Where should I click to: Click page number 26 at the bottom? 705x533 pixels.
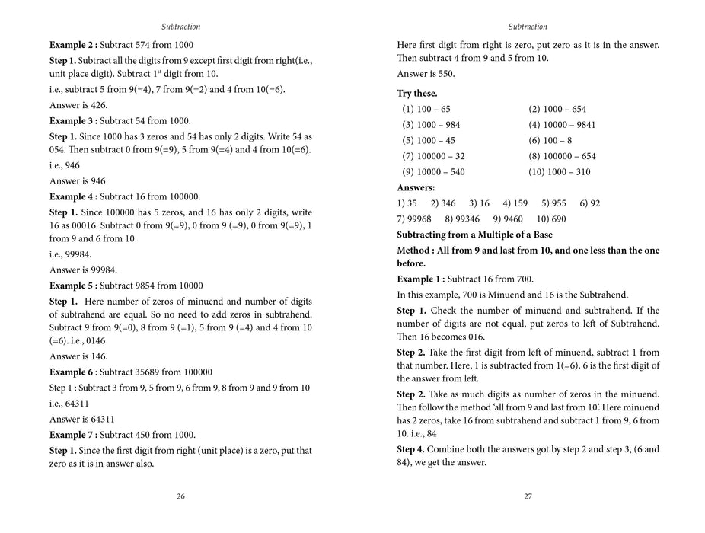pos(180,496)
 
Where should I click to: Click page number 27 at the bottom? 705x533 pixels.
pos(528,496)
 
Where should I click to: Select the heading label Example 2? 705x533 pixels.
pos(72,45)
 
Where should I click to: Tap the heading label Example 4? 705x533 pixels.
pos(72,196)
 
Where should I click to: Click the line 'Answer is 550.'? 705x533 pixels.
pos(426,74)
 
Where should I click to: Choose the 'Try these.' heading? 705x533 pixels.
pos(417,93)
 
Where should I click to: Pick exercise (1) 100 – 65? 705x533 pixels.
pos(426,109)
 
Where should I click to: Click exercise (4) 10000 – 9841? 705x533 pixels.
pos(562,125)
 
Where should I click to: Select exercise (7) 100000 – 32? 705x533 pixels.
pos(433,156)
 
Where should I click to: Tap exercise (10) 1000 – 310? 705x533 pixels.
pos(560,172)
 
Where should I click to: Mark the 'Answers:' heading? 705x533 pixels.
pos(416,187)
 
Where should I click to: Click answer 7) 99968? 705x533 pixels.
pos(414,219)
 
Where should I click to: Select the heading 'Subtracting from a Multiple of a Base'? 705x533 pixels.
pos(474,235)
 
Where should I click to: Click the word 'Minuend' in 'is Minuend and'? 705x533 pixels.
pos(509,294)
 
